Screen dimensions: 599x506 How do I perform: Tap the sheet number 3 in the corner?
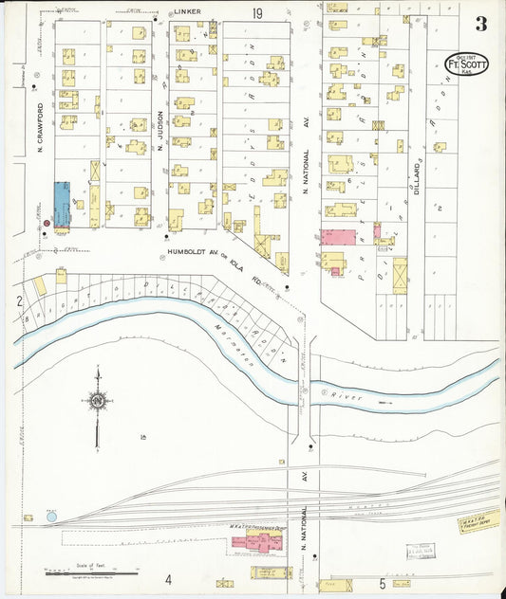point(482,23)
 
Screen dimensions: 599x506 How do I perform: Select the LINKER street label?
point(186,12)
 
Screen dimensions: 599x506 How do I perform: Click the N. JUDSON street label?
point(160,133)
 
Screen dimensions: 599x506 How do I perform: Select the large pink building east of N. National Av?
point(338,237)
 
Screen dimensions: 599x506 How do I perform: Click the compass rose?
point(98,402)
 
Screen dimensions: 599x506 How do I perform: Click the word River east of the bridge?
point(350,399)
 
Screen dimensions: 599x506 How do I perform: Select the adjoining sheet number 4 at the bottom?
point(167,580)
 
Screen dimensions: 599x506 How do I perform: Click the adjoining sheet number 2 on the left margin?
point(18,300)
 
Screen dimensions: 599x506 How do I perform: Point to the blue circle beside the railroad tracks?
point(51,517)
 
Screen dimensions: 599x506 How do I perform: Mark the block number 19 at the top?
point(257,12)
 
